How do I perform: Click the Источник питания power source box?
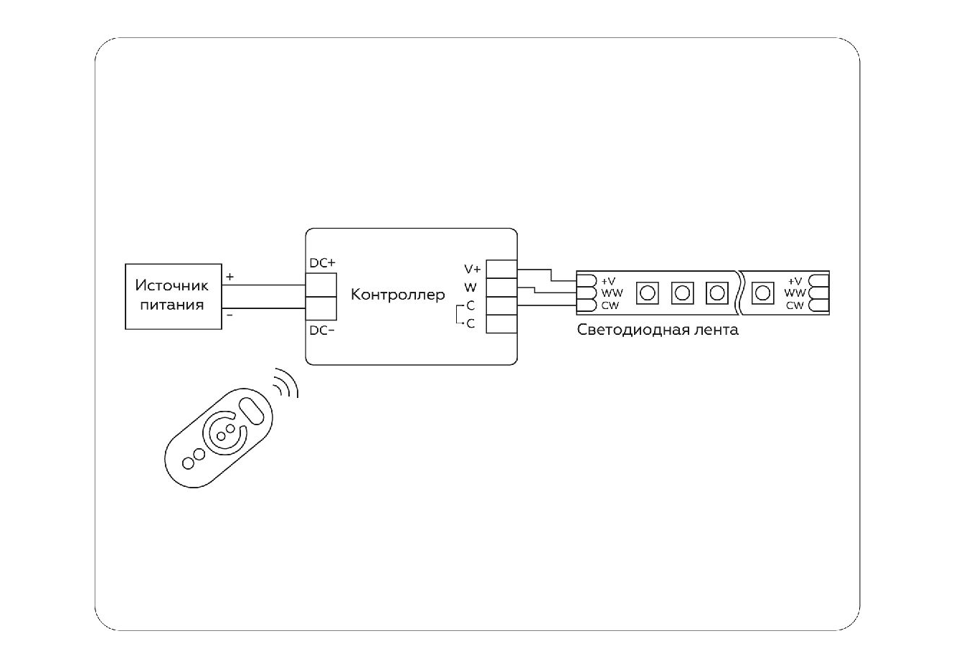click(173, 295)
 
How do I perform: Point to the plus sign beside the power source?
click(229, 276)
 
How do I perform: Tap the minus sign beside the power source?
click(229, 315)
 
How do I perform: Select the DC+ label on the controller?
click(322, 263)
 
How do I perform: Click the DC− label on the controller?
click(322, 331)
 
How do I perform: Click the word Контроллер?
click(397, 295)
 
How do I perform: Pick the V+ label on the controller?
click(473, 270)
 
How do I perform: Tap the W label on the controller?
click(470, 288)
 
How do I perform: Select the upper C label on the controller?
click(470, 306)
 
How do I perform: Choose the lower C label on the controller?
click(470, 324)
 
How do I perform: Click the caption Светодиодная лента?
click(658, 331)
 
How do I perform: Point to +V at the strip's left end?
click(608, 280)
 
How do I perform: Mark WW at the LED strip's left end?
click(612, 293)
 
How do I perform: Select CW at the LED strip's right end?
click(795, 305)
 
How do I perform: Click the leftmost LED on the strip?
click(648, 293)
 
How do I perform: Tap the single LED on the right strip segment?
click(764, 293)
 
